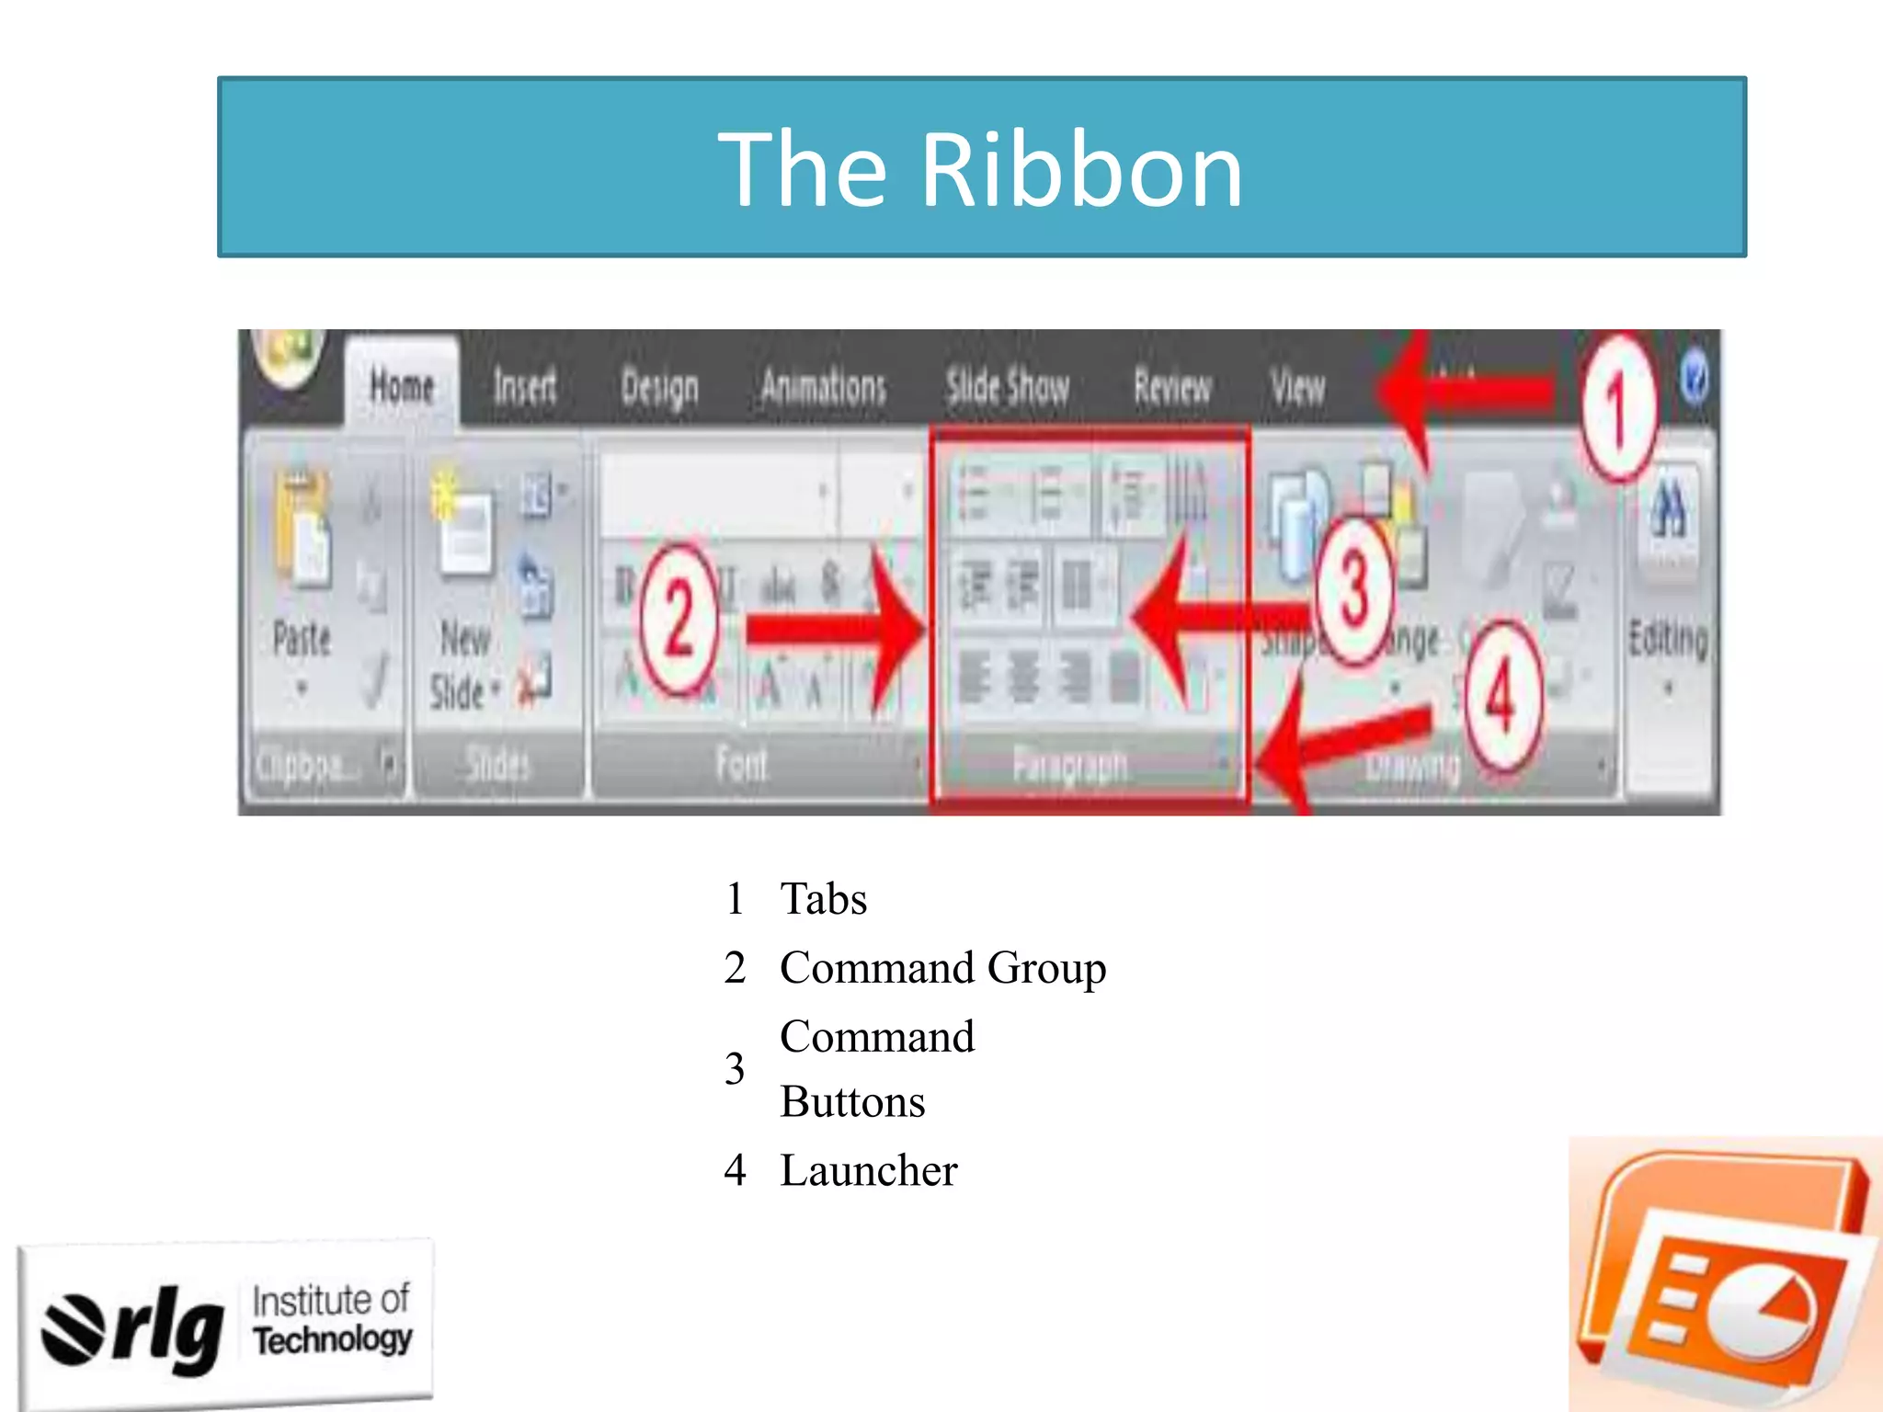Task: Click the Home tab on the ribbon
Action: click(402, 386)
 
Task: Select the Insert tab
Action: click(525, 386)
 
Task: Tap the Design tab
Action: click(659, 388)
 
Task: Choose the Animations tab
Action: click(823, 387)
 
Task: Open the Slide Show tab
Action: click(1008, 387)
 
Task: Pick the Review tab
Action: click(1172, 387)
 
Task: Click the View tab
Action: click(1297, 387)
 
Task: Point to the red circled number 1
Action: click(1618, 409)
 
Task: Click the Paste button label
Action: click(302, 639)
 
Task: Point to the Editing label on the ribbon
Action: click(1668, 639)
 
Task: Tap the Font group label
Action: click(741, 764)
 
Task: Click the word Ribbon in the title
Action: click(1081, 170)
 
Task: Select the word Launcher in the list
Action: click(869, 1170)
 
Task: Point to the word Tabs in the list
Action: click(823, 898)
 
